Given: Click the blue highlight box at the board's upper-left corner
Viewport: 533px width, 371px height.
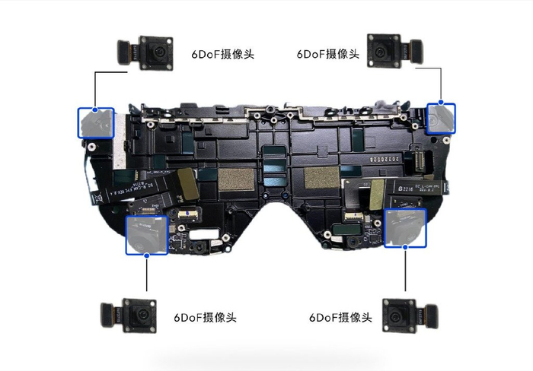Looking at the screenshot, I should pyautogui.click(x=95, y=122).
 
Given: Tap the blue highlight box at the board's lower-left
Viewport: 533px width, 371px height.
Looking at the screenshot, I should pyautogui.click(x=146, y=235).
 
